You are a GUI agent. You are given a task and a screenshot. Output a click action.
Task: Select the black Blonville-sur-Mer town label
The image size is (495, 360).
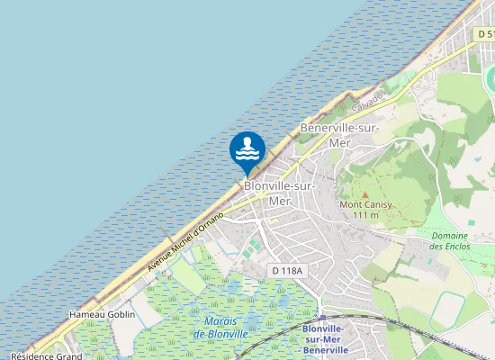tap(280, 193)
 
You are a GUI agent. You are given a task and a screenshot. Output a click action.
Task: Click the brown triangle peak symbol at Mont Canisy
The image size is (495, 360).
tap(364, 193)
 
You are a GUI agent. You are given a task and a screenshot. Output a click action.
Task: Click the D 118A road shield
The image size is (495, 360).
tap(288, 270)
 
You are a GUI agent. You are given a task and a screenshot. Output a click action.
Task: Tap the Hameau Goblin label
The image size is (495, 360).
tap(101, 315)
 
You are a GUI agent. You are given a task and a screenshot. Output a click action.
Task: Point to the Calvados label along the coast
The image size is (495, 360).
tap(369, 98)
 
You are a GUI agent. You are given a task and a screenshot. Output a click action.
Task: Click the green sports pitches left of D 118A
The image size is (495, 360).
tap(255, 246)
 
